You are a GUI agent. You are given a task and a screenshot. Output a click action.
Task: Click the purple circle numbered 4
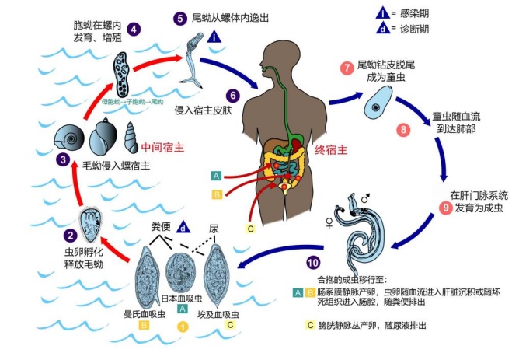pos(134,30)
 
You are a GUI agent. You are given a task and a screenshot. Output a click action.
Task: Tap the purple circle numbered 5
pos(180,16)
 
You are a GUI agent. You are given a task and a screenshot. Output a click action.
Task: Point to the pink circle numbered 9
pos(445,208)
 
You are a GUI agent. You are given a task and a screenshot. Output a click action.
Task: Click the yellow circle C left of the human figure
pos(251,229)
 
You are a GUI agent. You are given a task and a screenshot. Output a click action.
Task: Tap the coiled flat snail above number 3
pos(68,140)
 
